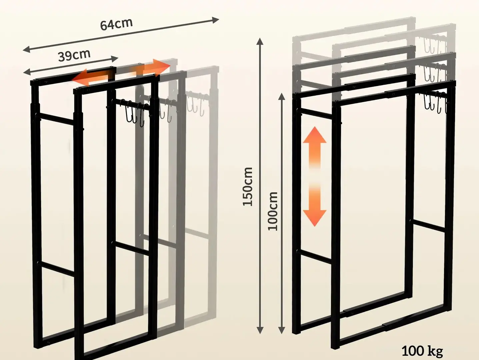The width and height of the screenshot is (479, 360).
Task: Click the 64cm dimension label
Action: coord(116,24)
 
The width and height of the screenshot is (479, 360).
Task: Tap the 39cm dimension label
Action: coord(74,55)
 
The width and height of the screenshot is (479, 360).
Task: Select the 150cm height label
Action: coord(248,187)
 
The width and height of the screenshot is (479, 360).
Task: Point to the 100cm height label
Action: coord(273,211)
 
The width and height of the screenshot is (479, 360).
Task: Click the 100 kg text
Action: coord(422,351)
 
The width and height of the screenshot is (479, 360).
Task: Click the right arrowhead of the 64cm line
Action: coord(216,20)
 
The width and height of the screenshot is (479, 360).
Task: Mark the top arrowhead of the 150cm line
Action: coord(260,41)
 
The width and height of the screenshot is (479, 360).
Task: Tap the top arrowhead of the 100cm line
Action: coord(282,96)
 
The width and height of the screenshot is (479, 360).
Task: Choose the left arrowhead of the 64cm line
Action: coord(27,50)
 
